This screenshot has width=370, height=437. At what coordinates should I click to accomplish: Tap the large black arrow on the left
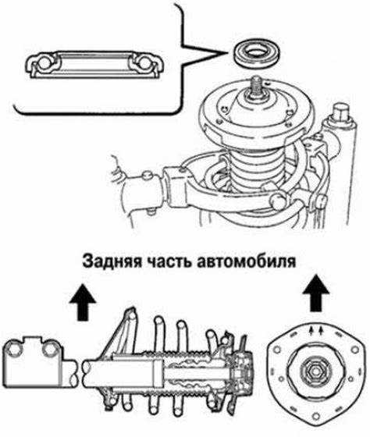click(83, 303)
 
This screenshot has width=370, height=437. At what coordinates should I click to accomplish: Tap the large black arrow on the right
click(316, 293)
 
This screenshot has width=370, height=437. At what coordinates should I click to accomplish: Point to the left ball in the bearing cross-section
click(44, 63)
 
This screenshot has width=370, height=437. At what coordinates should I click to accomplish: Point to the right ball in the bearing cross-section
click(144, 63)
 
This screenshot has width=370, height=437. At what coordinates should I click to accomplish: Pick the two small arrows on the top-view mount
click(316, 330)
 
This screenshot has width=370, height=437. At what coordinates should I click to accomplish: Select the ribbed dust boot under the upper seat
click(256, 171)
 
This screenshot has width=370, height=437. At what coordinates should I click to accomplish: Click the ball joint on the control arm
click(277, 201)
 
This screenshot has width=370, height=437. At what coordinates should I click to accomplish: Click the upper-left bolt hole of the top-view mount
click(277, 350)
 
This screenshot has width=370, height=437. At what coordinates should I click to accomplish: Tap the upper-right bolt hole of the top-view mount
click(354, 350)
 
